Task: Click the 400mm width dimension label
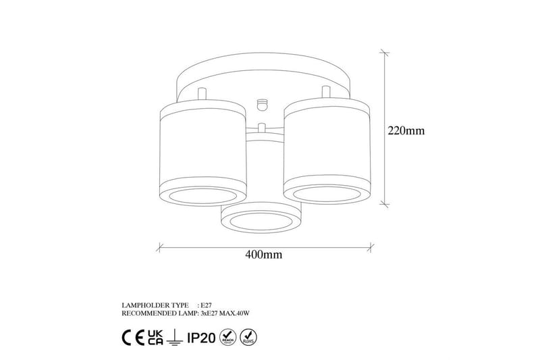click(x=263, y=255)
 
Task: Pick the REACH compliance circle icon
click(x=227, y=336)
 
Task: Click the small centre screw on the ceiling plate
click(x=262, y=103)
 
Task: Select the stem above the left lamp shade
click(x=200, y=94)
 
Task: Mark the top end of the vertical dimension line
click(x=385, y=53)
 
